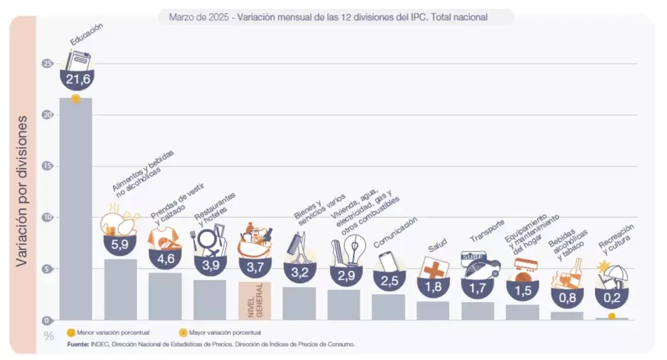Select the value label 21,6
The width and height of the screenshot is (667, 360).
pyautogui.click(x=76, y=79)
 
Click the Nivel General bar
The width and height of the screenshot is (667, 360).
pyautogui.click(x=255, y=300)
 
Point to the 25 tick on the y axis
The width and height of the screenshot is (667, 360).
pyautogui.click(x=48, y=64)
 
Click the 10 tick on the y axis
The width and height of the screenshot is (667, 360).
pyautogui.click(x=48, y=218)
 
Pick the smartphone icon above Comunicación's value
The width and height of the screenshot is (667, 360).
pyautogui.click(x=388, y=262)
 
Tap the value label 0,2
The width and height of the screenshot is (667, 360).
pyautogui.click(x=611, y=299)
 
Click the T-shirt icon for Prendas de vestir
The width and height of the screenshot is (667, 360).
pyautogui.click(x=164, y=239)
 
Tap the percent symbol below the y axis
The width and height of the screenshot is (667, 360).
pyautogui.click(x=49, y=336)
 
